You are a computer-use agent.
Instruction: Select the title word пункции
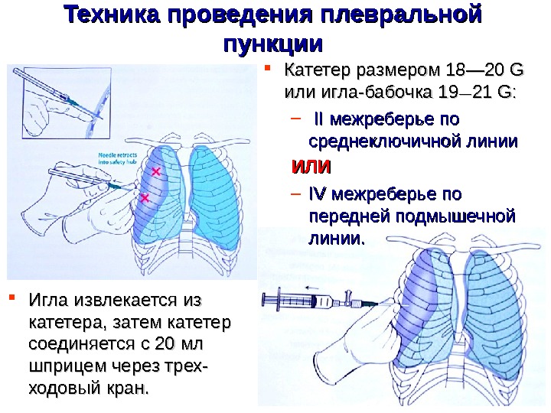pos(273,42)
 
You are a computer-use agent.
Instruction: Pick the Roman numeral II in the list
pos(319,120)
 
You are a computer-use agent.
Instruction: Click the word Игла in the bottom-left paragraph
pos(54,298)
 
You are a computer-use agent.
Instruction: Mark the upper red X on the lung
pos(156,172)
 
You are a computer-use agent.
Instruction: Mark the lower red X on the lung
pos(145,198)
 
